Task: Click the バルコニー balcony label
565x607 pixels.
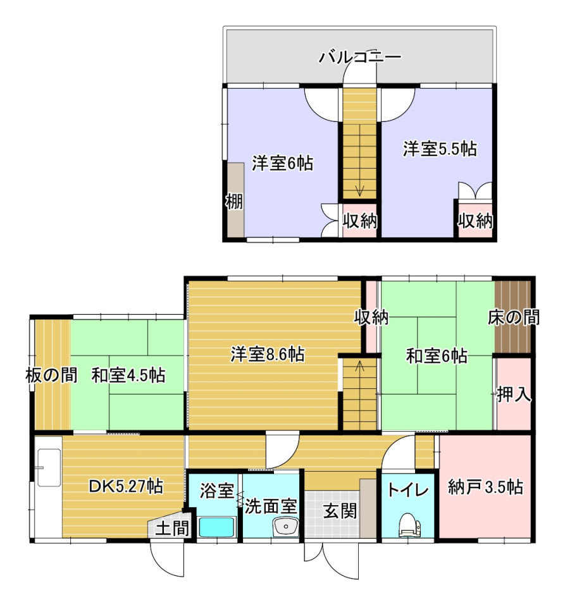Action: coord(360,58)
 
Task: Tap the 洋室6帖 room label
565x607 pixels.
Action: coord(282,163)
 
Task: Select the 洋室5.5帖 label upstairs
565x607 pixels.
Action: coord(440,149)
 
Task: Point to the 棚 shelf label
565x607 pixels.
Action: coord(234,202)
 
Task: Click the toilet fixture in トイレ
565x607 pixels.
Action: coord(409,525)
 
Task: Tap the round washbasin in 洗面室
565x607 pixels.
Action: coord(286,527)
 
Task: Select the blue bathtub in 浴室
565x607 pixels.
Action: coord(217,527)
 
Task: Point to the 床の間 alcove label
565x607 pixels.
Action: coord(514,317)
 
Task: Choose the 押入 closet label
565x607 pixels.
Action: coord(514,395)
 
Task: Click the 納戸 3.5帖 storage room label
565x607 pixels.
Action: coord(485,487)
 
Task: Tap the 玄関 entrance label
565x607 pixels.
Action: coord(340,511)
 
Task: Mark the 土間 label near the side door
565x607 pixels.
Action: coord(172,528)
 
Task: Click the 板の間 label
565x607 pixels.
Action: coord(51,375)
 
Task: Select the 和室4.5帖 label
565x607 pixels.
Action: coord(128,375)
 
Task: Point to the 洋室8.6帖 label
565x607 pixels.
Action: coord(267,354)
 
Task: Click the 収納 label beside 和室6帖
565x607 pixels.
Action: coord(371,317)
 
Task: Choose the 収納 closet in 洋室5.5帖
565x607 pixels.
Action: coord(475,220)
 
